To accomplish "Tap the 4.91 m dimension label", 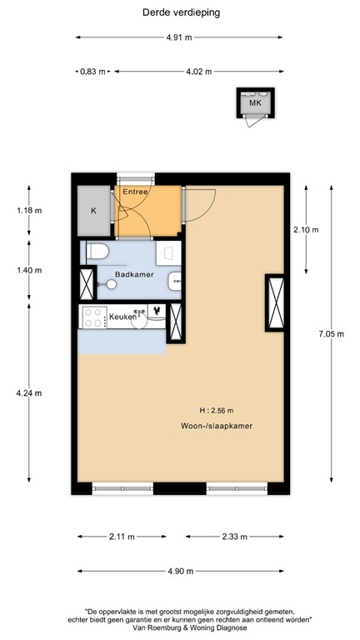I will coord(179,37).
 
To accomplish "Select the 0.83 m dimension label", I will coord(92,72).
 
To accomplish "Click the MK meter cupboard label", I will coord(254,103).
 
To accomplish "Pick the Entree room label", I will coord(135,192).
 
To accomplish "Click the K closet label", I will coord(93,211).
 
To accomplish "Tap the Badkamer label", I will coord(134,274).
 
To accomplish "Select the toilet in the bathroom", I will coord(97,252).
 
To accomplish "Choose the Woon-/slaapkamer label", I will coord(217,426).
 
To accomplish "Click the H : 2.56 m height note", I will coord(217,410).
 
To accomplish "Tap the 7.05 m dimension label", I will coord(331,333).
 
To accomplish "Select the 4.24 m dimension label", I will coord(29,393).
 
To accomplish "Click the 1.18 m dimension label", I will coord(29,210).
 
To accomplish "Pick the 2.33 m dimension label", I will coord(234,537).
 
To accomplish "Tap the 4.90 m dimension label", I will coord(179,571).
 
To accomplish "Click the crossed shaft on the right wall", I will coord(274,302).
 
